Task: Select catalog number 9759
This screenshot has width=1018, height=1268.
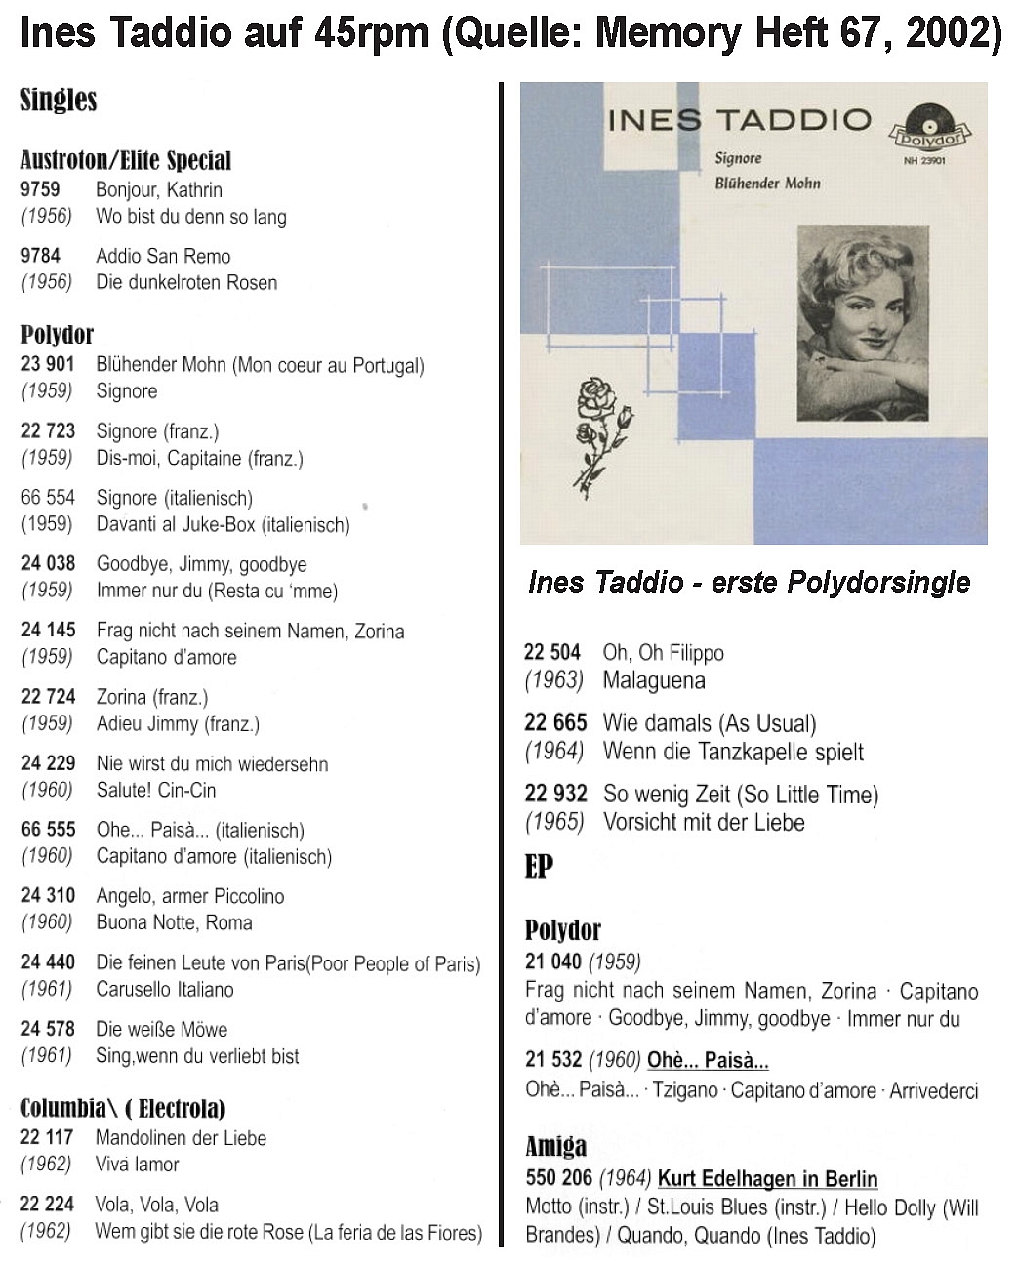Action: pyautogui.click(x=40, y=189)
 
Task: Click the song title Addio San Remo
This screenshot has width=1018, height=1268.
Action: pyautogui.click(x=163, y=256)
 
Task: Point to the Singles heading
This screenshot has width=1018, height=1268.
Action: pyautogui.click(x=59, y=100)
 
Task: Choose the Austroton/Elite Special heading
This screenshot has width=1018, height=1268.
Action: pyautogui.click(x=126, y=160)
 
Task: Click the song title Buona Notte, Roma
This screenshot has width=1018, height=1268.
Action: pyautogui.click(x=174, y=922)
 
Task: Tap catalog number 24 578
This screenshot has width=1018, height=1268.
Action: pyautogui.click(x=48, y=1029)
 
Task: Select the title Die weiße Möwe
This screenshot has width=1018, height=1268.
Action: pyautogui.click(x=161, y=1029)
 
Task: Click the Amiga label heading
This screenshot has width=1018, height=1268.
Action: pyautogui.click(x=555, y=1146)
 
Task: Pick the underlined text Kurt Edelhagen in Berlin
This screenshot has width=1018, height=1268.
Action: pyautogui.click(x=767, y=1178)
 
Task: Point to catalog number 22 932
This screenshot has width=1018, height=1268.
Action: pyautogui.click(x=555, y=794)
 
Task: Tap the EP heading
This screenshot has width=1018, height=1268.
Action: pyautogui.click(x=539, y=866)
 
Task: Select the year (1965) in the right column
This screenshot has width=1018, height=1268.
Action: pyautogui.click(x=554, y=822)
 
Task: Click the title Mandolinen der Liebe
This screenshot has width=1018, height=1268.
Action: pyautogui.click(x=181, y=1137)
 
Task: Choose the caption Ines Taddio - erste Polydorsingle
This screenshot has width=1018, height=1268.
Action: pyautogui.click(x=749, y=582)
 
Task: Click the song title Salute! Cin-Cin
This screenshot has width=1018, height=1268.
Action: pyautogui.click(x=156, y=790)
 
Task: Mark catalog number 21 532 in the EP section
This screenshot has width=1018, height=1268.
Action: pyautogui.click(x=552, y=1060)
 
